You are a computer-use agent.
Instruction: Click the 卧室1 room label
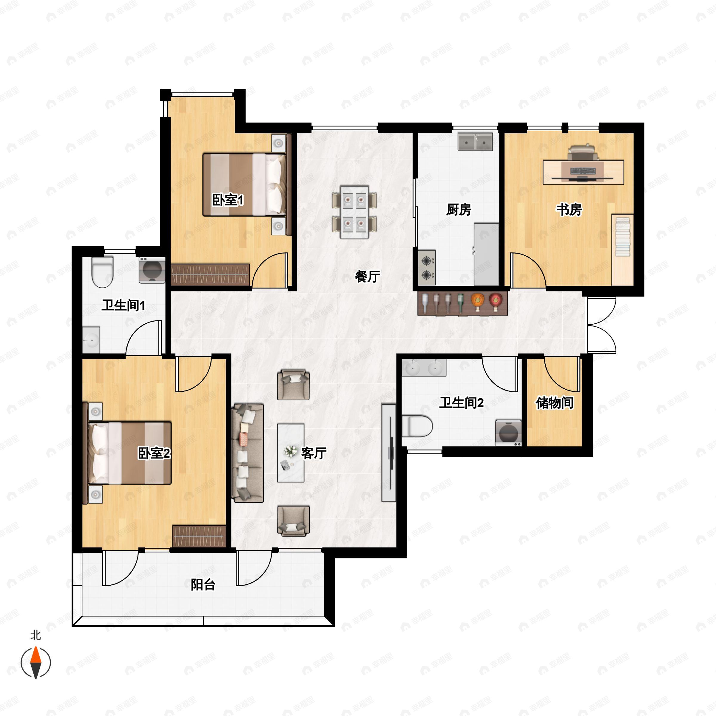point(228,200)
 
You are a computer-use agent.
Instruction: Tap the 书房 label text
point(569,209)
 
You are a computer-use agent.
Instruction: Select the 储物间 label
point(554,402)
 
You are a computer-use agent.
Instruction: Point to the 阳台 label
point(203,584)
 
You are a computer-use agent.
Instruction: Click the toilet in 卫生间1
point(102,272)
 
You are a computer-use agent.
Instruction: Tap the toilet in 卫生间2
point(417,426)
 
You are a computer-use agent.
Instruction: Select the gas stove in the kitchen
point(427,268)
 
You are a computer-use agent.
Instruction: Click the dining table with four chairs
point(354,212)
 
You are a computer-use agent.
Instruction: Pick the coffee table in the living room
point(291,453)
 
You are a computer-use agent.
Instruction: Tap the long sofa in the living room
point(248,453)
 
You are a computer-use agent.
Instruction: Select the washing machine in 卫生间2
point(508,433)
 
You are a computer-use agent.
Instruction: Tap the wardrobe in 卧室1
point(210,274)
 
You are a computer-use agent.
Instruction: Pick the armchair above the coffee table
point(294,385)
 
